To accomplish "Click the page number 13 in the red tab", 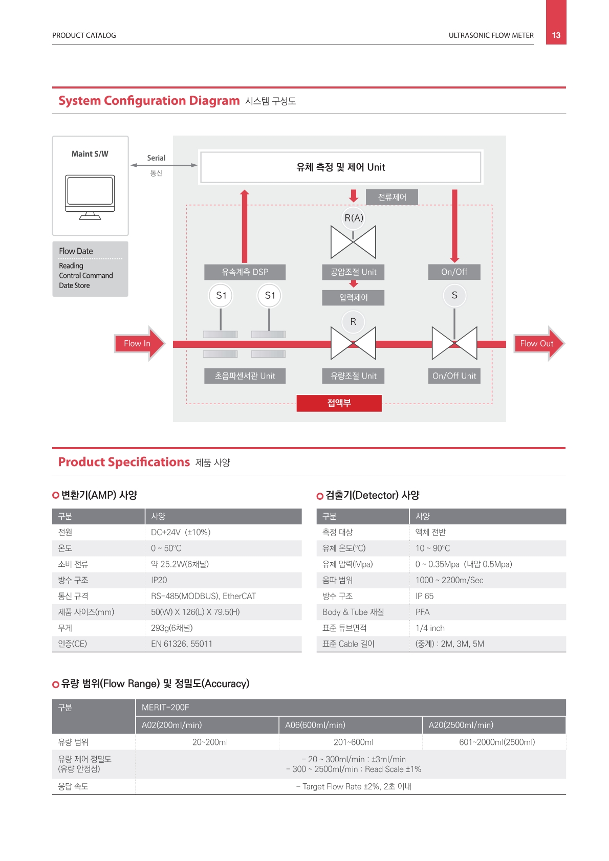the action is coord(556,35).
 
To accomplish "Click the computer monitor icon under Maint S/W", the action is coord(90,197).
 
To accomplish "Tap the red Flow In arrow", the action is coord(140,343).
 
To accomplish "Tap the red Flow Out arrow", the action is coord(539,343).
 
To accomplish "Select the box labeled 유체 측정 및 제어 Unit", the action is coord(341,167).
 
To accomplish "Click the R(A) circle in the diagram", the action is coord(353,218).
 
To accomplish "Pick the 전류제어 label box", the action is coord(392,197).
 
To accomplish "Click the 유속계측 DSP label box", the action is coord(245,272).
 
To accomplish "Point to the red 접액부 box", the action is coord(339,403).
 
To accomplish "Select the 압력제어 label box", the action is coord(353,298).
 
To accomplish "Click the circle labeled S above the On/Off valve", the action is coord(454,295).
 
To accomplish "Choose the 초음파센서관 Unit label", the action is coord(245,376).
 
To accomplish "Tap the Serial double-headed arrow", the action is coord(164,165).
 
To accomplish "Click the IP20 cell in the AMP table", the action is coord(159,580).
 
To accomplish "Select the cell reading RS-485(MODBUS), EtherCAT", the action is coord(203,596).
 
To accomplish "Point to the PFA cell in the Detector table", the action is coord(422,612).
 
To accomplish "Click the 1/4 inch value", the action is coord(430,628).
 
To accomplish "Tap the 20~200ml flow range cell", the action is coord(210,742).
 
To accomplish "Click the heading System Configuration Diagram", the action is coord(149,100).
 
